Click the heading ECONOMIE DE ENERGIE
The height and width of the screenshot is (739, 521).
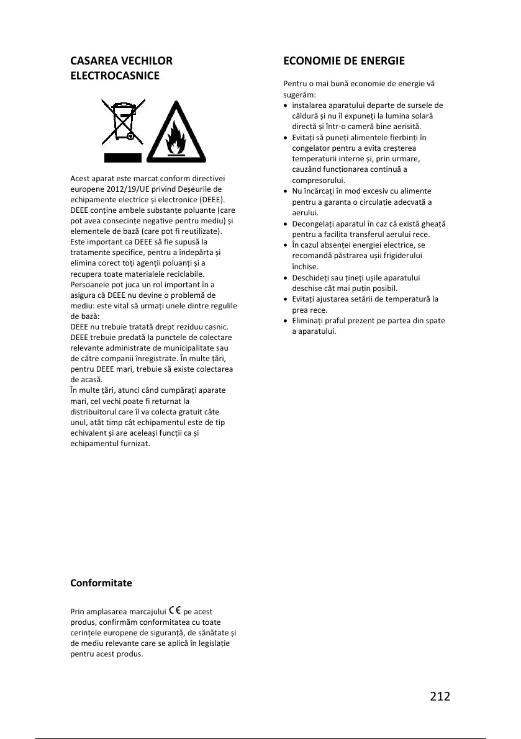[x=343, y=61]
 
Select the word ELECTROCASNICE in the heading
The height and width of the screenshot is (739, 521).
[x=115, y=76]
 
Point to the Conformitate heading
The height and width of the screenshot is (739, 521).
[x=101, y=583]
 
